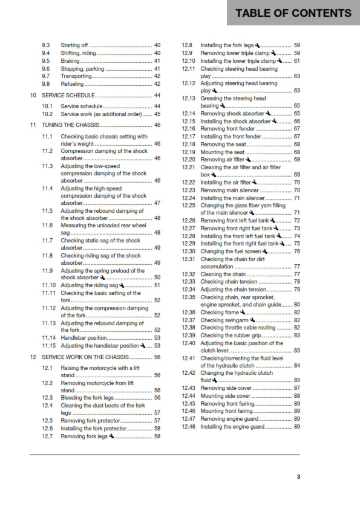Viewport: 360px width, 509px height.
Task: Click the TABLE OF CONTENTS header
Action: tap(293, 13)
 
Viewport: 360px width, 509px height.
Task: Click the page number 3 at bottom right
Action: tap(298, 477)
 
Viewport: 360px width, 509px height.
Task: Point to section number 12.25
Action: tap(189, 206)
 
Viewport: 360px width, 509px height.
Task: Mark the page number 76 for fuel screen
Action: tap(297, 251)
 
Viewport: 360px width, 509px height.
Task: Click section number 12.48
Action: tap(189, 427)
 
